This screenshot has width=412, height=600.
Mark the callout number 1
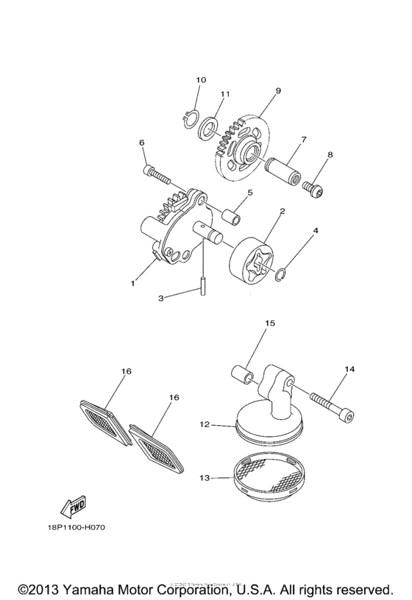(x=133, y=282)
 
